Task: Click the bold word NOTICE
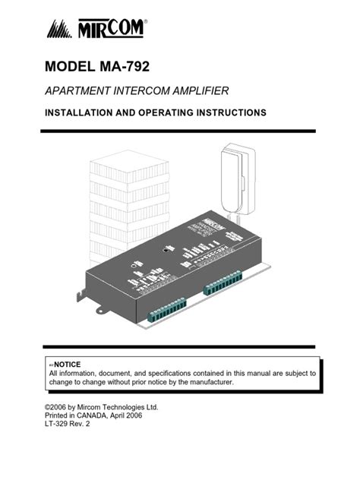[67, 365]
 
